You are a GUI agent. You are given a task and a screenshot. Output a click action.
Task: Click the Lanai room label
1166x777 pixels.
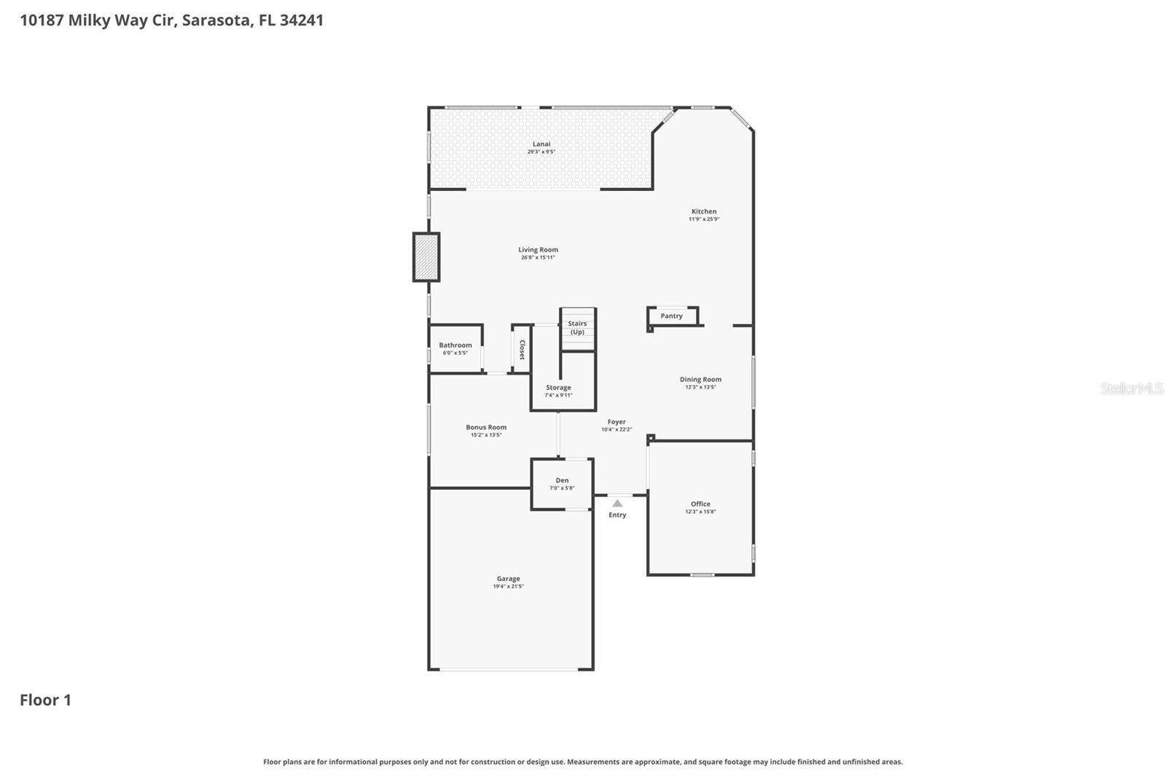[x=541, y=144]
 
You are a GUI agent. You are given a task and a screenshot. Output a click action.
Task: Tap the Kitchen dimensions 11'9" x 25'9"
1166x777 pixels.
[x=704, y=219]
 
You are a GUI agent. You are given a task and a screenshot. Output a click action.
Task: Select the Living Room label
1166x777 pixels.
[x=538, y=250]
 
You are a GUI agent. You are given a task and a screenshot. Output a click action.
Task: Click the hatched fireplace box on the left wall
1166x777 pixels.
[x=426, y=257]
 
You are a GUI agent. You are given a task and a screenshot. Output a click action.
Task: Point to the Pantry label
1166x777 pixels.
[x=671, y=316]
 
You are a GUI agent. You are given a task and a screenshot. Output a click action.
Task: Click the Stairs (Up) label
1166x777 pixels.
[x=577, y=328]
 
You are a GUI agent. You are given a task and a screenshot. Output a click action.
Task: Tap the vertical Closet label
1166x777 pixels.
[x=522, y=350]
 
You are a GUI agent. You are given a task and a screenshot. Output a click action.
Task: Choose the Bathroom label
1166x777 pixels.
[x=455, y=345]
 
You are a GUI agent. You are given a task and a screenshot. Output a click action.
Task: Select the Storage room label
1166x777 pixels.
[x=558, y=388]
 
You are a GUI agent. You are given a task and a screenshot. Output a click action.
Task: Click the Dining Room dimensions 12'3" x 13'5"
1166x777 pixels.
[x=700, y=387]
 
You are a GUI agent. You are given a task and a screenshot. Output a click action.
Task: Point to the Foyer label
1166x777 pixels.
[x=617, y=422]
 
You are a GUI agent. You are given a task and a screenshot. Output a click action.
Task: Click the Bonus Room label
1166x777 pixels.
[x=486, y=428]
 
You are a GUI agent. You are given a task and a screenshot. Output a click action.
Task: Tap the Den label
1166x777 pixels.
[x=562, y=480]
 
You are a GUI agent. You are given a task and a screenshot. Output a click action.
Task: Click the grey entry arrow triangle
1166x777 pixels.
[x=617, y=503]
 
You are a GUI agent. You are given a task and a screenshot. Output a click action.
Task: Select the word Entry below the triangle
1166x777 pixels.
[x=617, y=515]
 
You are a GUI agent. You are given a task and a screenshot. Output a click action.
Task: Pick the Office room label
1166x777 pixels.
[x=700, y=504]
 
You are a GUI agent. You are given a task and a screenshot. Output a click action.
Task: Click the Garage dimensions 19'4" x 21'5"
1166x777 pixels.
[x=508, y=587]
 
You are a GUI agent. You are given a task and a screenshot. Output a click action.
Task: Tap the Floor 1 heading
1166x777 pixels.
[x=45, y=700]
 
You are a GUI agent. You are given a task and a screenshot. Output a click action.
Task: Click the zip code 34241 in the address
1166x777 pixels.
[x=301, y=20]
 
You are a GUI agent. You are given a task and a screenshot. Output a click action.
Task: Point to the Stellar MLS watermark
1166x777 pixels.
[x=1131, y=388]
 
